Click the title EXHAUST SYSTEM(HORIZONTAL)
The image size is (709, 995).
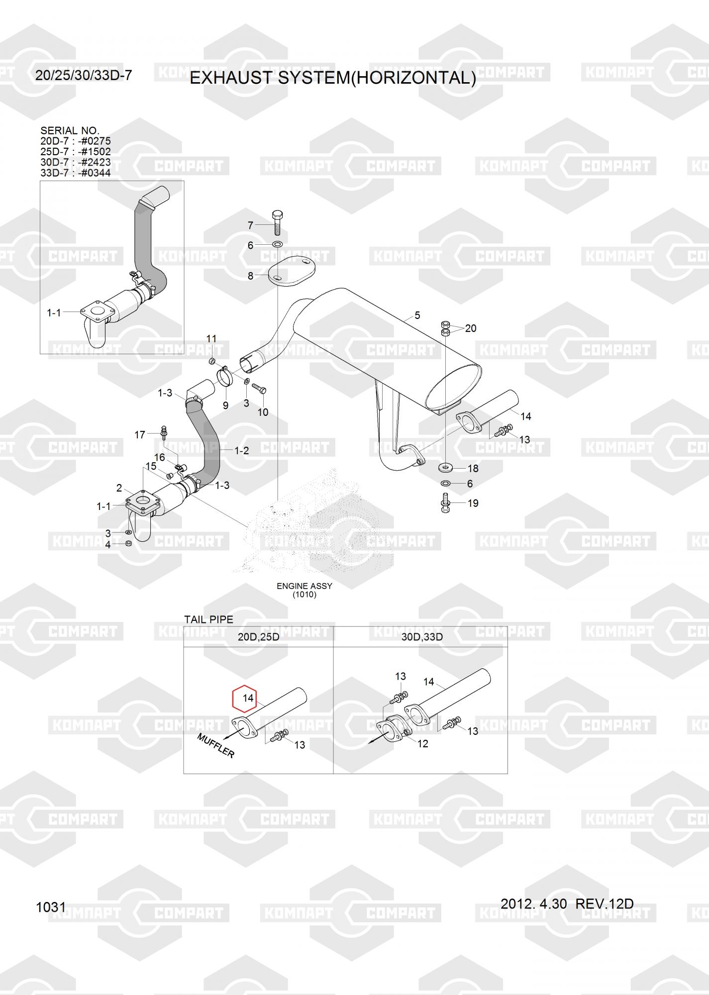[333, 78]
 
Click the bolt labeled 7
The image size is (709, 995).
[277, 223]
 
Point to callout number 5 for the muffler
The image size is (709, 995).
[417, 315]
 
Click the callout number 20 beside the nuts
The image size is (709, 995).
[470, 328]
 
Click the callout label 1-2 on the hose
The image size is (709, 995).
[241, 451]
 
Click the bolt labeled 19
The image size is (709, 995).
[446, 502]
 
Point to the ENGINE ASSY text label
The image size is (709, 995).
[304, 586]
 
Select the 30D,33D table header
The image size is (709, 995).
[422, 637]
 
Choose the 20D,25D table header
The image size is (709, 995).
[258, 637]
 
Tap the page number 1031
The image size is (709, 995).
[51, 907]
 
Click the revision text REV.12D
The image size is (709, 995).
[605, 904]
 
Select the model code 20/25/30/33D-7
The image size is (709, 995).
[84, 75]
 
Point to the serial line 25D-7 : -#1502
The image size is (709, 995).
[76, 152]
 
